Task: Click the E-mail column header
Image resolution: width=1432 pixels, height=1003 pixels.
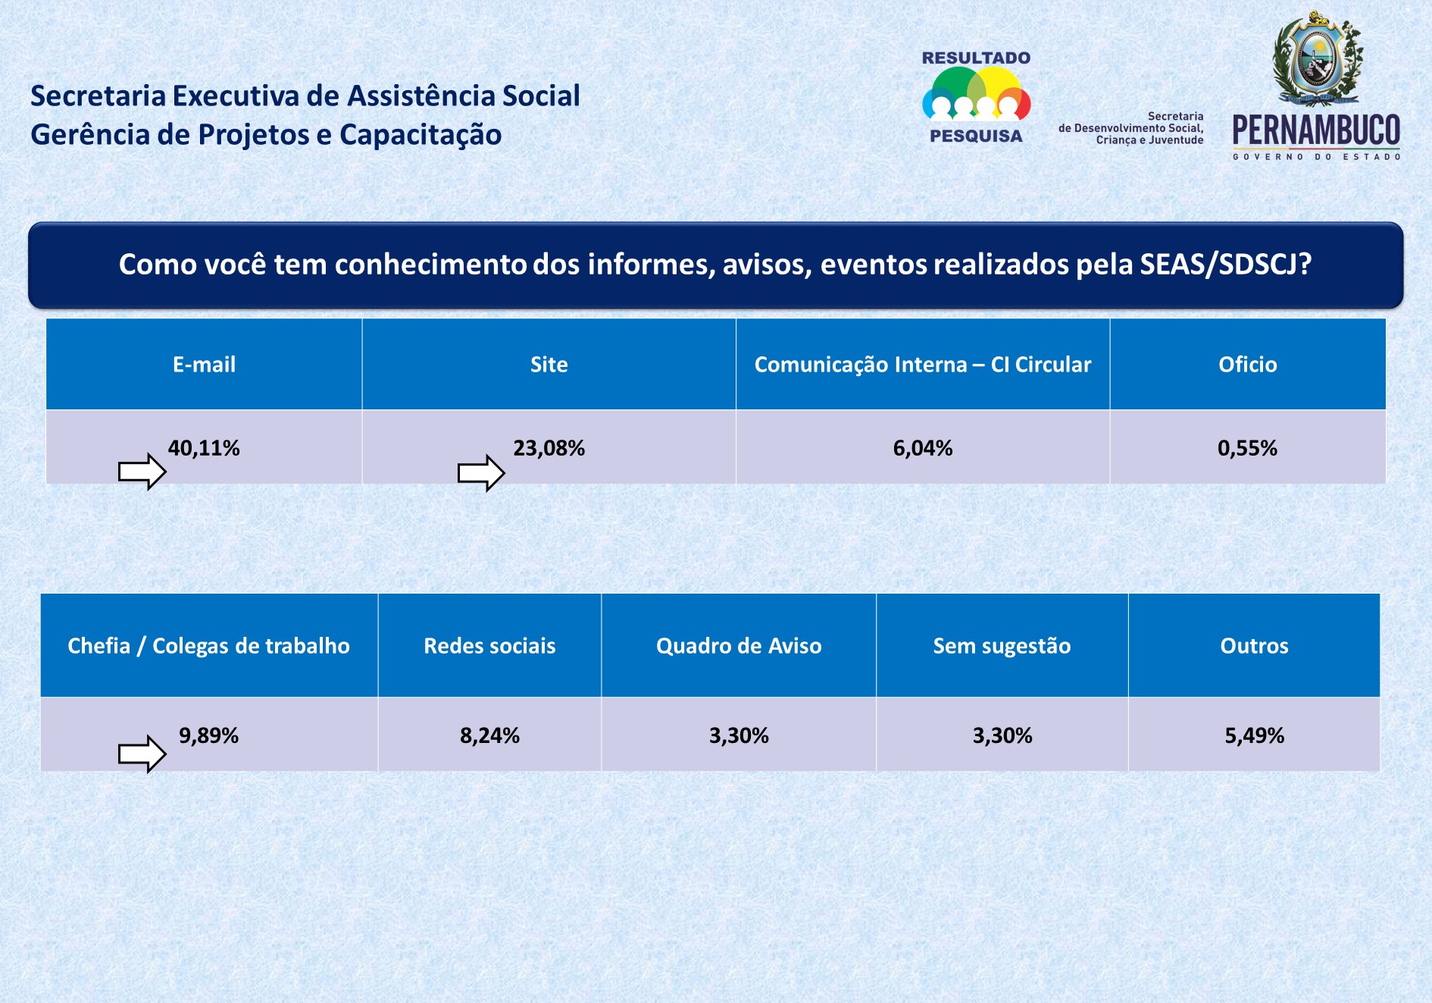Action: [204, 365]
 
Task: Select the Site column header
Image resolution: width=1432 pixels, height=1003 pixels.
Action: [549, 365]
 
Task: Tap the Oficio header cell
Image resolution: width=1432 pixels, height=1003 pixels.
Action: [1247, 365]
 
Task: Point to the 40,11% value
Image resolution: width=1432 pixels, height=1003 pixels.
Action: [204, 448]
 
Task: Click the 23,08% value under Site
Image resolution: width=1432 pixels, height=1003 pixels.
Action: [549, 448]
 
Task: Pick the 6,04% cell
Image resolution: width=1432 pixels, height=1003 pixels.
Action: [922, 448]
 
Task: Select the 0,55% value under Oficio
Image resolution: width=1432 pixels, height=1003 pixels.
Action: [1247, 448]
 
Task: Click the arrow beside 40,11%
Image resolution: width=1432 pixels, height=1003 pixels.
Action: [142, 472]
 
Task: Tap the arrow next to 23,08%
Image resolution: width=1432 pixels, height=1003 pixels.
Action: [481, 473]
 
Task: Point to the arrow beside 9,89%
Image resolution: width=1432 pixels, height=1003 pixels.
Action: [142, 754]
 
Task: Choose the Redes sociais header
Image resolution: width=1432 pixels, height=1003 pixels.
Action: [489, 646]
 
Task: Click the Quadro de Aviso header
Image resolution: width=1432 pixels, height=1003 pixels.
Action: [739, 646]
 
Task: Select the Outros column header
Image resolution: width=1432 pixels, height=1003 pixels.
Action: [1254, 646]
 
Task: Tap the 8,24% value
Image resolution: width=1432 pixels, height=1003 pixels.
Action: [489, 735]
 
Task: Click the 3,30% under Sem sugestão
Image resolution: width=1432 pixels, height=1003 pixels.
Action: [1002, 735]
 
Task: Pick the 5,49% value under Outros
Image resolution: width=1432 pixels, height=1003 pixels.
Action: [1254, 735]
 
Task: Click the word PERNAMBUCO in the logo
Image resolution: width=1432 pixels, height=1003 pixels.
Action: [1316, 130]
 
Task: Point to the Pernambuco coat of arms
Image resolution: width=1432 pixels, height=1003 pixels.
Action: [1318, 58]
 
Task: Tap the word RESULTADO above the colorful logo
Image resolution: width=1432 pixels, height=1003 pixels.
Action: [976, 58]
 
